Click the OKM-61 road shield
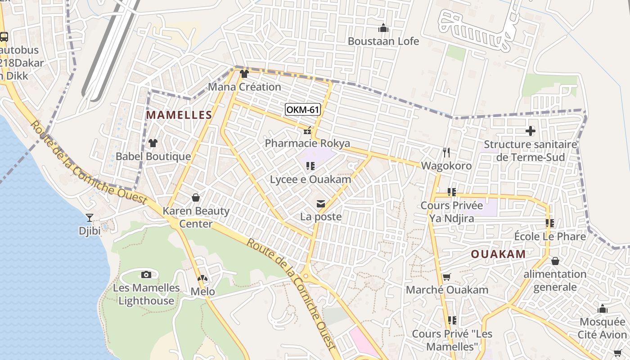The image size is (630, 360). point(302,109)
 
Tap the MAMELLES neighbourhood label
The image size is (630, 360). point(179,115)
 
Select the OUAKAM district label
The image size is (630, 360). point(498,254)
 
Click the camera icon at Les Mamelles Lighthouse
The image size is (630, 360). point(146,274)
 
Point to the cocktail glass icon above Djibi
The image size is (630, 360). point(90,218)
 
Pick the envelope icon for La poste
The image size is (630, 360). point(321,204)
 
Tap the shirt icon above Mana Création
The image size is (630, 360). point(244,74)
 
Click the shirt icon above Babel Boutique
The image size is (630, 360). point(153,143)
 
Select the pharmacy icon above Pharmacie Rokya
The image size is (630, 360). point(307,131)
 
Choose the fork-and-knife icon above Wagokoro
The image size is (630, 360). point(446,153)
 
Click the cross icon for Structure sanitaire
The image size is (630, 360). point(531,131)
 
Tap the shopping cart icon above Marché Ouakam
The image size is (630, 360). point(447,277)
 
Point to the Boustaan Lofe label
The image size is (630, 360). point(383,41)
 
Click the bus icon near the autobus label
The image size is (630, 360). point(4,37)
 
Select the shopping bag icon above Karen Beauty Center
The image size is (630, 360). point(196,198)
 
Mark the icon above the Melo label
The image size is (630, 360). point(202,279)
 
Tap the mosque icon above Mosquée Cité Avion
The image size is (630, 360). point(603,309)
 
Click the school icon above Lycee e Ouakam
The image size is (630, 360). point(310,166)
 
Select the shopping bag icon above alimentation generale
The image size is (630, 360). point(555,261)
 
